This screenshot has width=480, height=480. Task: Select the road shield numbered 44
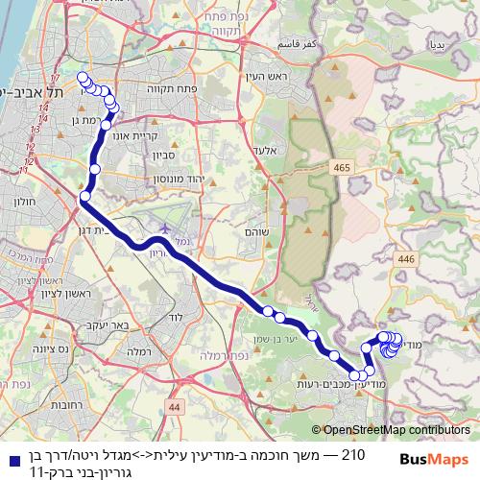pos(173,407)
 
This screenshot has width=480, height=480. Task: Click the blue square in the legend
pos(11,460)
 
